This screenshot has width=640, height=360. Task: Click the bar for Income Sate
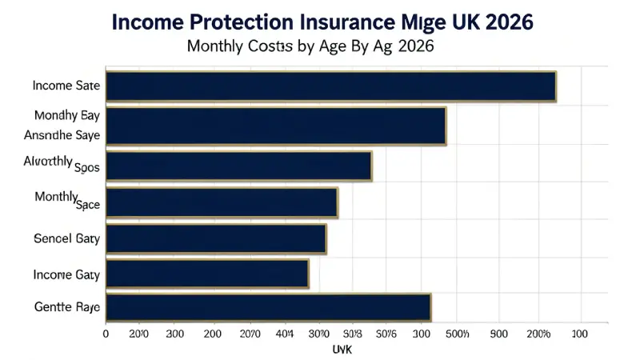point(330,86)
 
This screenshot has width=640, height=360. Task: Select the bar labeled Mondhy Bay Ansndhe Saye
point(276,126)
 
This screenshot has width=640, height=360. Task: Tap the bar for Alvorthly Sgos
point(238,166)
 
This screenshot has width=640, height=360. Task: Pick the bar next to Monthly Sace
point(222,203)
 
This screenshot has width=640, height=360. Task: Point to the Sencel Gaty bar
point(216,239)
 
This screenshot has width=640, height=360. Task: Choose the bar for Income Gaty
point(207,274)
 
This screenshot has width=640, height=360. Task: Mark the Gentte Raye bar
point(268,307)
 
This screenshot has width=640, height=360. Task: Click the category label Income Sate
point(66,86)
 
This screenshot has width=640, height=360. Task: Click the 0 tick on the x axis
point(106,332)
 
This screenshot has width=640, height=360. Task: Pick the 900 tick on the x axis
point(499,332)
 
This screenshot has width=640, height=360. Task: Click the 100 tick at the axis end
point(578,332)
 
